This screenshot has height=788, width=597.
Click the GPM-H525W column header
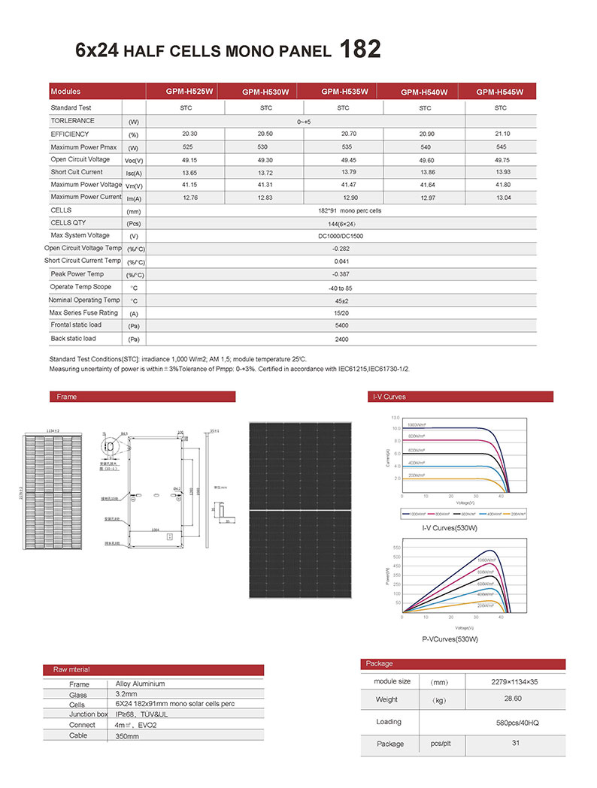[189, 92]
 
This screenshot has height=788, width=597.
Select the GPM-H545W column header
[499, 92]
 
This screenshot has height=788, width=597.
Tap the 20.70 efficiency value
[343, 134]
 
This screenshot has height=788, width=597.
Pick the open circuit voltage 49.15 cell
[189, 160]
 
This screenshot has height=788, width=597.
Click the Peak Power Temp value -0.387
[343, 275]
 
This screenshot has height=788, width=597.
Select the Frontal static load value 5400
[343, 326]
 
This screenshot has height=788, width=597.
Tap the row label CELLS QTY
[68, 223]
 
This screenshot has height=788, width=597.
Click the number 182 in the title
[360, 50]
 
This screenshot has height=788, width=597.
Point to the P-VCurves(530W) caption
[450, 639]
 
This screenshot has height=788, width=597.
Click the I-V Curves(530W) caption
[450, 529]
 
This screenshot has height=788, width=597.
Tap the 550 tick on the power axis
[396, 548]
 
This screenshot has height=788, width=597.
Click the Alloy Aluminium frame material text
[141, 684]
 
